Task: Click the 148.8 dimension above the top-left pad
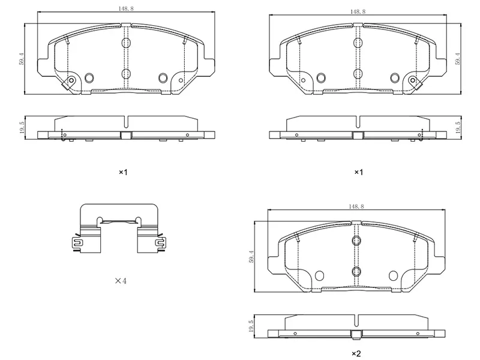(x=126, y=8)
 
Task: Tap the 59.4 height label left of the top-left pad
(x=21, y=58)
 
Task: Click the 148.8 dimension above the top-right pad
(x=358, y=11)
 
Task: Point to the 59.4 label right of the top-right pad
(x=458, y=58)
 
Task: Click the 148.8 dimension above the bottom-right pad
(x=356, y=206)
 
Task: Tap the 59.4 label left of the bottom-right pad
(x=251, y=257)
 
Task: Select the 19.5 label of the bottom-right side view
(x=251, y=326)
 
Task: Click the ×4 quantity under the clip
(x=121, y=280)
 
